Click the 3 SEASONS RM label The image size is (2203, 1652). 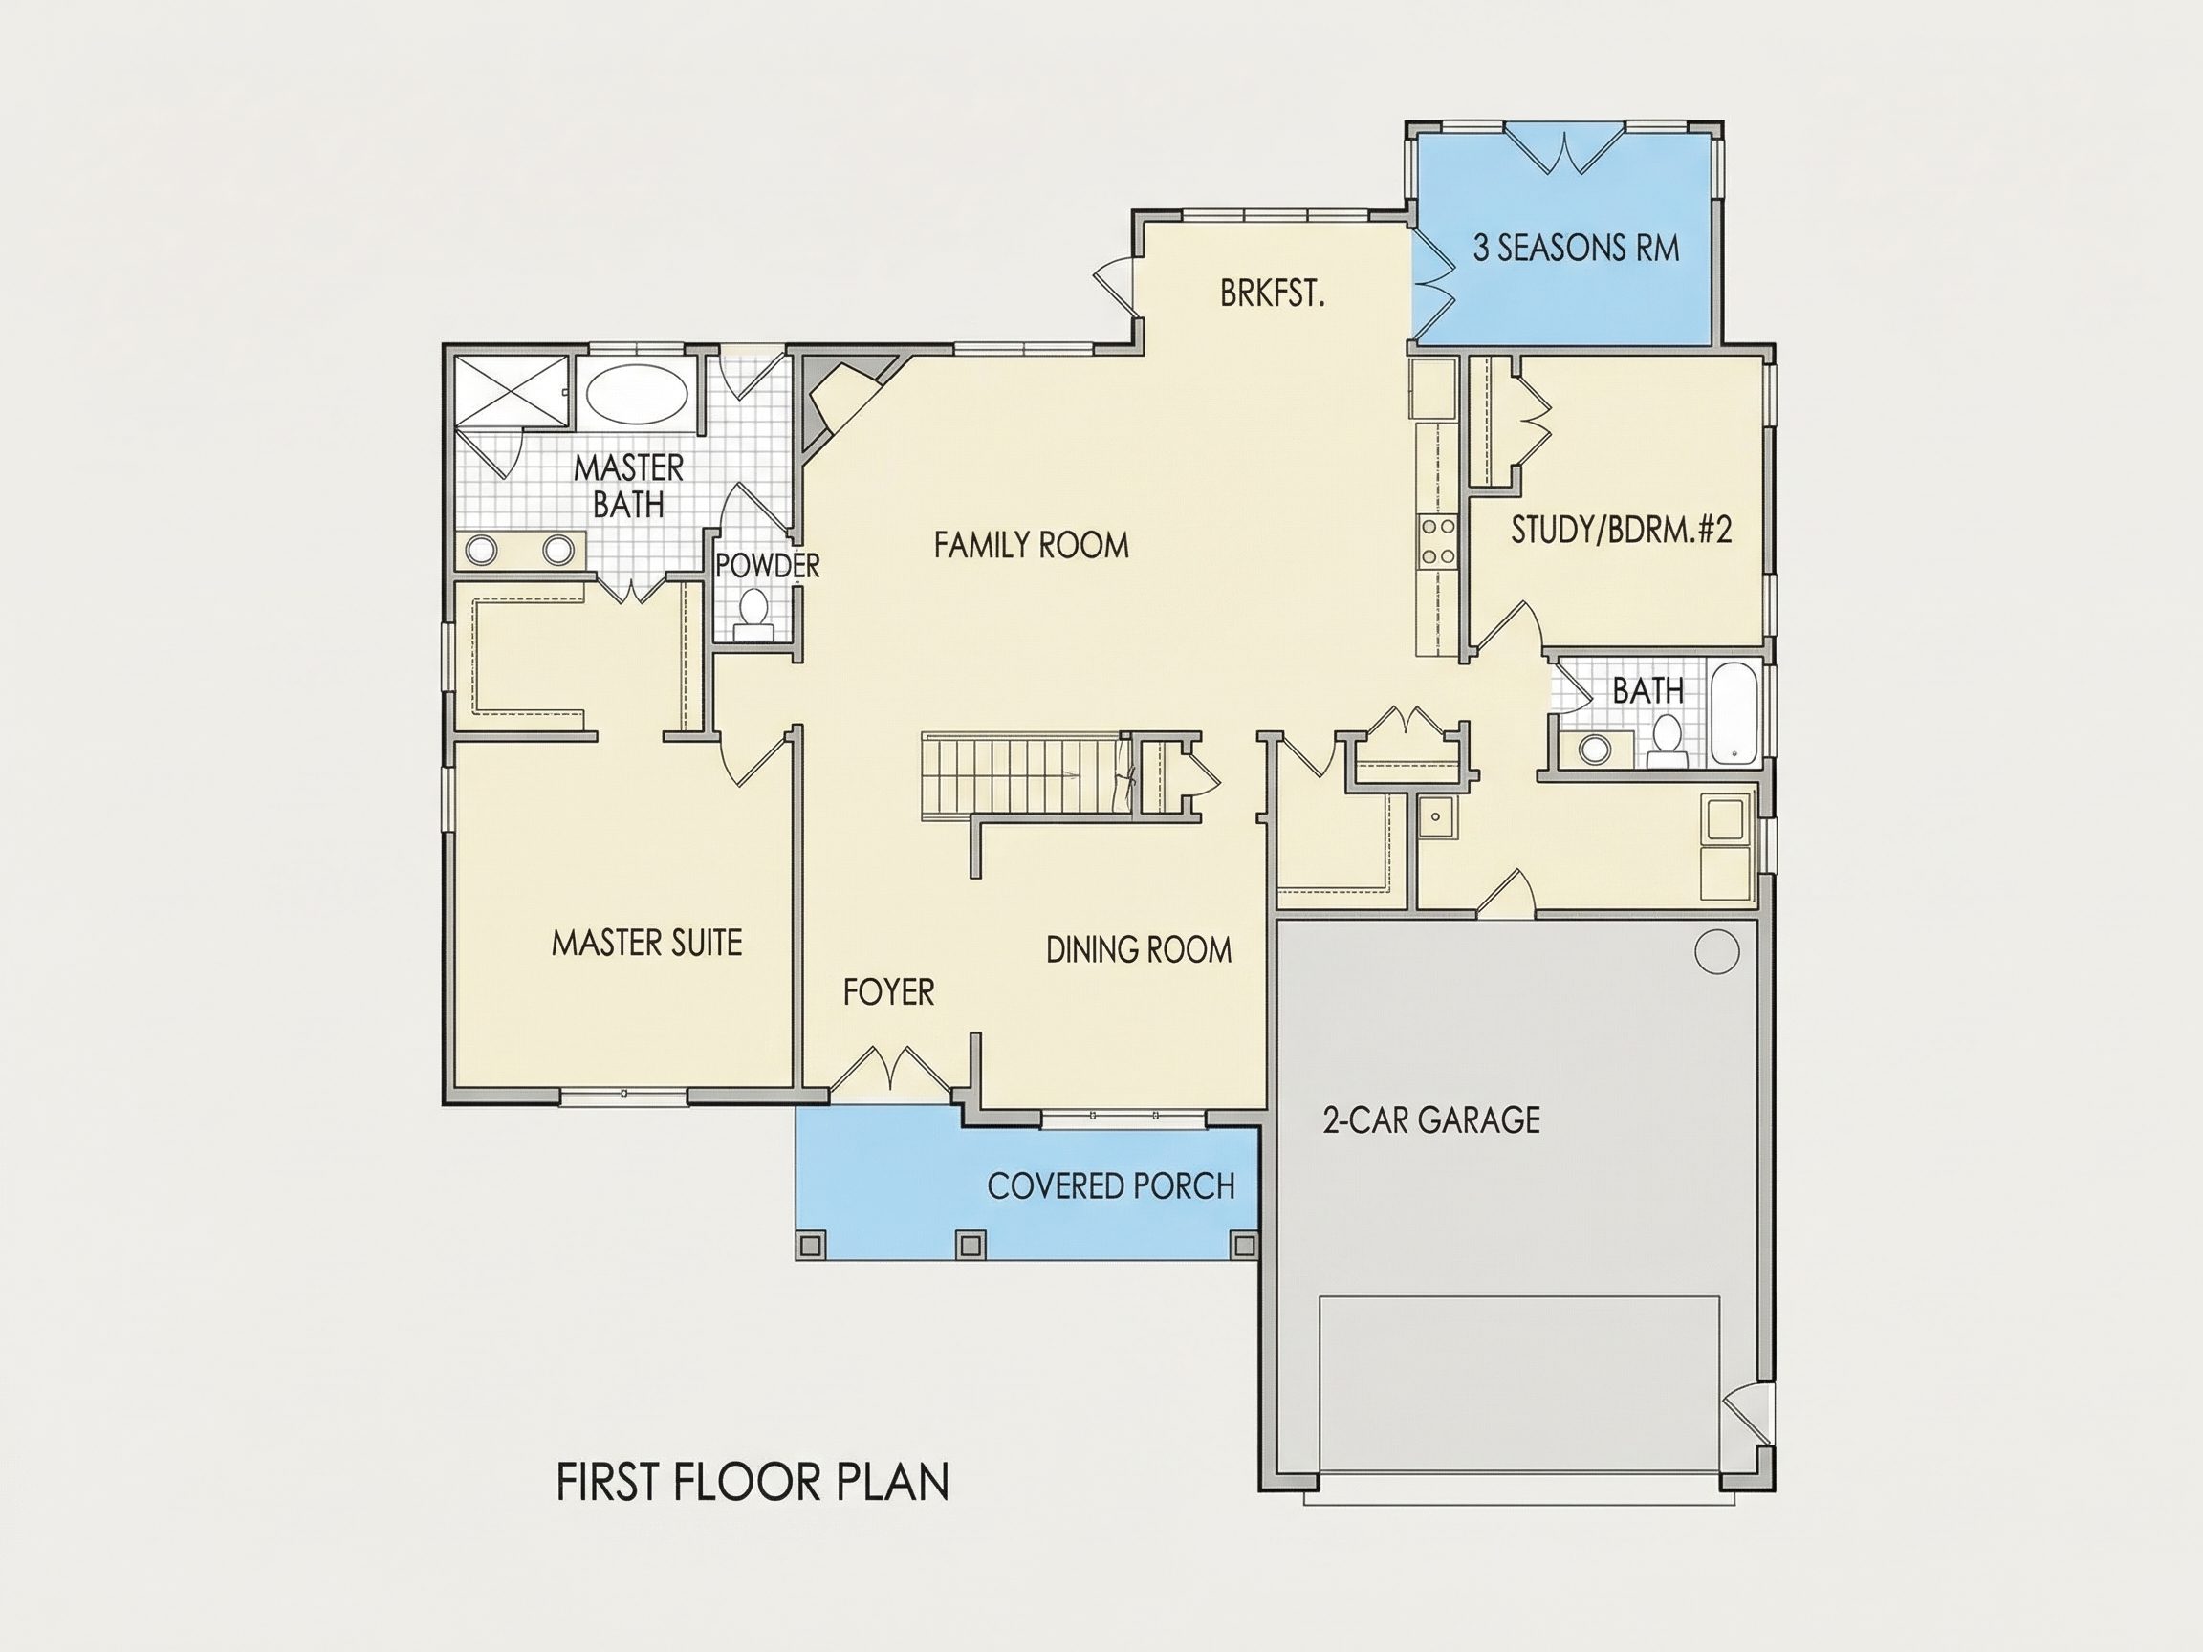[1576, 248]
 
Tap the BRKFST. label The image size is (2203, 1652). [1272, 293]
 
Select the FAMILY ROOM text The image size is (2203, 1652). [1031, 545]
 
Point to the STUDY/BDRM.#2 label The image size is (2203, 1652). [1622, 530]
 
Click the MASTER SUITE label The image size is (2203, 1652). [646, 942]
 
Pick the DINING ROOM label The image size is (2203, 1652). [1139, 950]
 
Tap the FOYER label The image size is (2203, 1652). [888, 991]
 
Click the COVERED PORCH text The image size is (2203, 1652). [1110, 1186]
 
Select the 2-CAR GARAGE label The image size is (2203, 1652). [1431, 1120]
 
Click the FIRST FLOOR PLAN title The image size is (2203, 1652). [752, 1482]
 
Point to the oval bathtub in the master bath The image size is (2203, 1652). [637, 397]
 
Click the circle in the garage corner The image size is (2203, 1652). [1716, 952]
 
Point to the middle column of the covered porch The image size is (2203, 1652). [971, 1245]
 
